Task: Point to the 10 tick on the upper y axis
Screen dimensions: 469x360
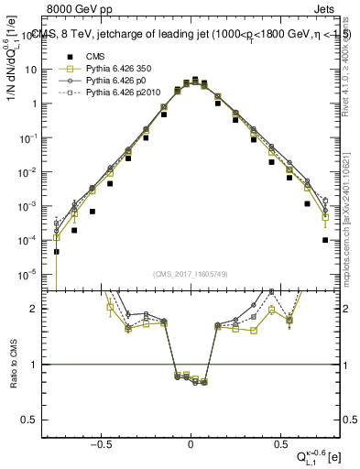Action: tap(37, 70)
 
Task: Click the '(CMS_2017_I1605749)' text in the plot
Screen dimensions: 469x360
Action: tap(190, 275)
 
